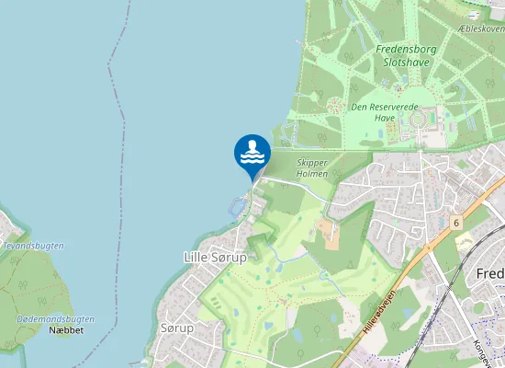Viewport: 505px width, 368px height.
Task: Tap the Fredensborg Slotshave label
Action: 402,54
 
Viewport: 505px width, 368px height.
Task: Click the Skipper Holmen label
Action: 312,167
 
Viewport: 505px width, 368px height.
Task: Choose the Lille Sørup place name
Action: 215,258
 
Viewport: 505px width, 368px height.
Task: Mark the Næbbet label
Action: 66,329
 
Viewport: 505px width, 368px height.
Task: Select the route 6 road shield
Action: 455,223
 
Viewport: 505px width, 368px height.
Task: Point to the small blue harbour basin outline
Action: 237,206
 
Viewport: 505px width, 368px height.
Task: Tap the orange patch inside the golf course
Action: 329,234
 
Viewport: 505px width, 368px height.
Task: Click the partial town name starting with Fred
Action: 490,274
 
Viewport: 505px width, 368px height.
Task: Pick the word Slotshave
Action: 402,62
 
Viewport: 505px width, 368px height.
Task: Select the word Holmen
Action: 312,174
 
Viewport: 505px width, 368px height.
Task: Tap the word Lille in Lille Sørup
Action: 198,258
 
